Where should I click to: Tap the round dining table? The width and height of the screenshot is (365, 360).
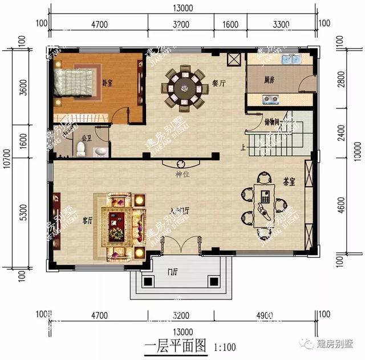coord(184,87)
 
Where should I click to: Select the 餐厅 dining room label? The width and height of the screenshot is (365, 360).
coord(219,83)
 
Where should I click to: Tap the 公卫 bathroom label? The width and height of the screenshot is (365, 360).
coord(87,137)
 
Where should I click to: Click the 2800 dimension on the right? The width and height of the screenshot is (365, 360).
coord(341,80)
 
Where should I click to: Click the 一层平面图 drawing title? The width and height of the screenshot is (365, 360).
coord(175,346)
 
